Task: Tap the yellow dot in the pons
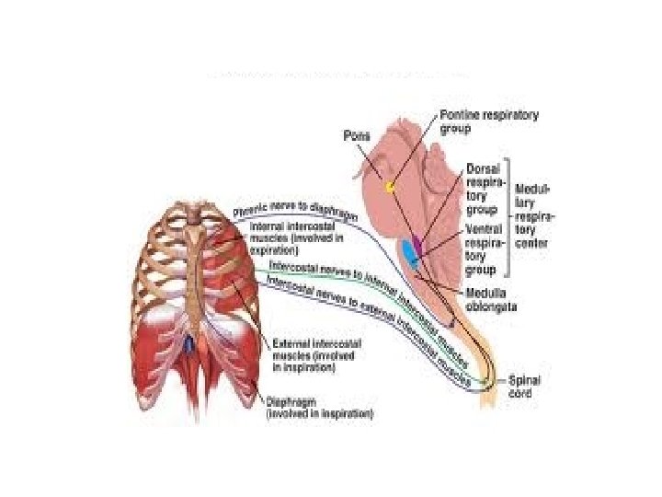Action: point(390,187)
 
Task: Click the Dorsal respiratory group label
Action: point(484,189)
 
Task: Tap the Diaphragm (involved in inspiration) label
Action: point(319,408)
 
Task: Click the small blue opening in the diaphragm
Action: point(188,346)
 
